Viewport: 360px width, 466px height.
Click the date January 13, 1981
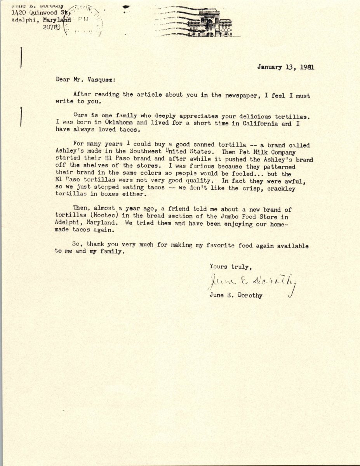coord(285,67)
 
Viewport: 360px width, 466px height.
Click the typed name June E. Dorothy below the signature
coord(236,296)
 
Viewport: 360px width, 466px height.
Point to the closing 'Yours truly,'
coord(231,267)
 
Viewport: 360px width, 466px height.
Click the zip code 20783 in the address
coord(52,27)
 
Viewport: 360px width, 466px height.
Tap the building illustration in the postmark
coord(210,23)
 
